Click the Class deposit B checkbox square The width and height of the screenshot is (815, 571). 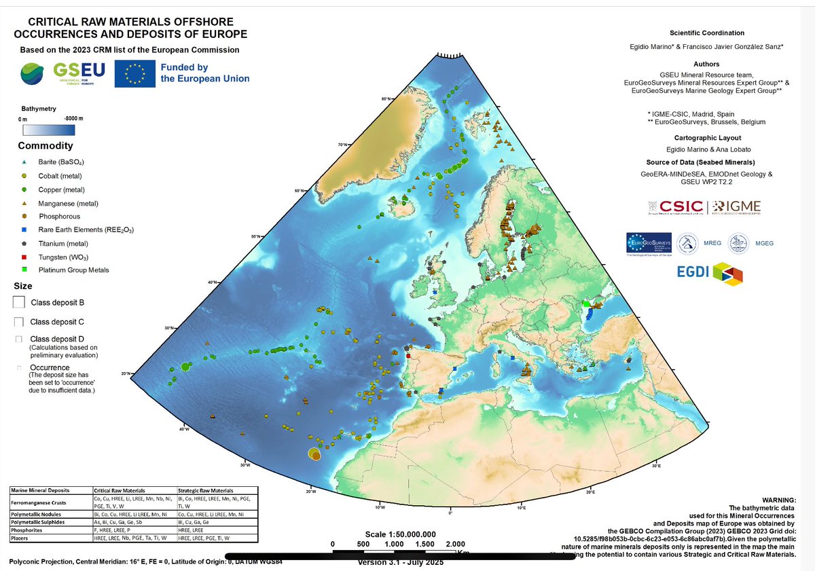[x=20, y=302]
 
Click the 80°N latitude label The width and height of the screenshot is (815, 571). [x=386, y=100]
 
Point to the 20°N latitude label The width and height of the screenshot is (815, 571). [x=126, y=374]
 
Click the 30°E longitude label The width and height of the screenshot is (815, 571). [x=655, y=466]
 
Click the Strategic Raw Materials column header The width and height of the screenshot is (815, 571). [x=205, y=490]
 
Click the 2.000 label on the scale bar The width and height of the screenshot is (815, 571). [x=455, y=544]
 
